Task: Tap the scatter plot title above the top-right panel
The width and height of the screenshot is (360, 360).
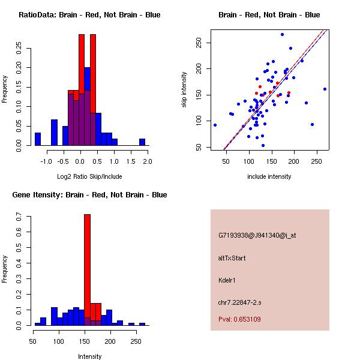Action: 269,15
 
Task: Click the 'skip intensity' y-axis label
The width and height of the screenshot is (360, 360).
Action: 184,89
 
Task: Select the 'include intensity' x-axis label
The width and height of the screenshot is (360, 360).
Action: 269,176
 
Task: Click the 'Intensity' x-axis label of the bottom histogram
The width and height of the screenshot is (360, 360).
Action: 90,356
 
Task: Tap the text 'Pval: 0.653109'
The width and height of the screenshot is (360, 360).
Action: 239,320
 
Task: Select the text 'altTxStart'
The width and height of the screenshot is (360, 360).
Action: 232,258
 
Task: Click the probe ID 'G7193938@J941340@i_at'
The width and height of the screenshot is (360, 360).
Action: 257,236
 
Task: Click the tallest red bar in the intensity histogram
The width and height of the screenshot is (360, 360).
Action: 87,269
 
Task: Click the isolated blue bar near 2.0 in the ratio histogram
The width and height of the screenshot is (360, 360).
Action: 142,142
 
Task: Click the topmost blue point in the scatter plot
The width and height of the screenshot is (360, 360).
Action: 282,34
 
